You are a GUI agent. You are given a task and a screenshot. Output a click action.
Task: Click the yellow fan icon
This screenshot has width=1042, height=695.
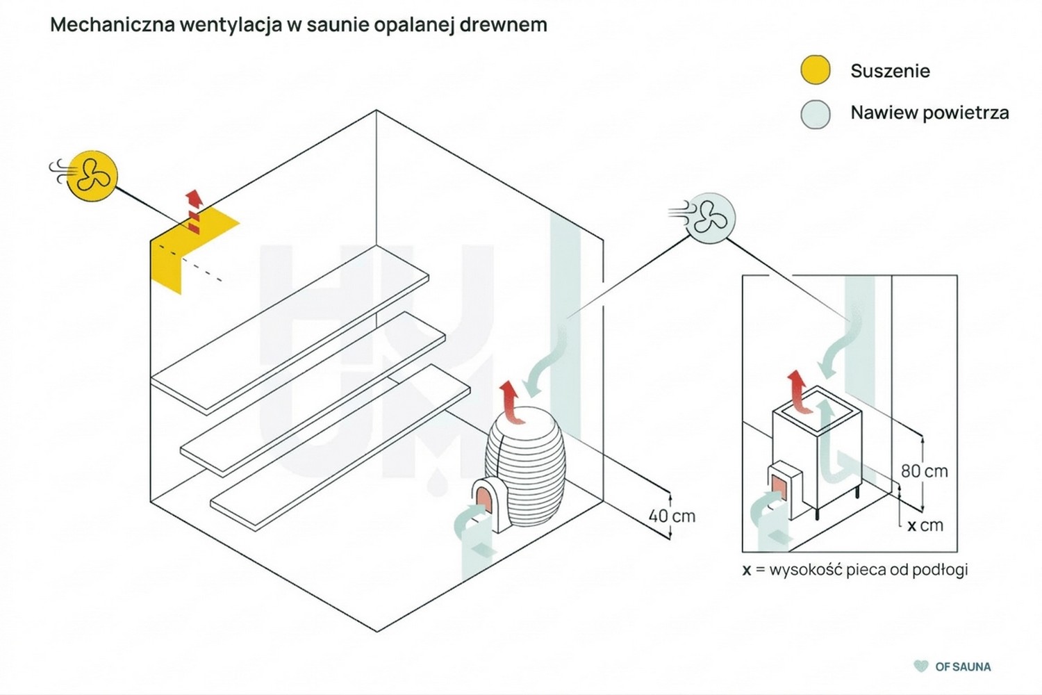(92, 176)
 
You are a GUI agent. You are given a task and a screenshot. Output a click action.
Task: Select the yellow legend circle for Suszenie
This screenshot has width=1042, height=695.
(815, 70)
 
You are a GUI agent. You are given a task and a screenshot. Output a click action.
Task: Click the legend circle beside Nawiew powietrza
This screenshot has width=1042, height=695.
(815, 114)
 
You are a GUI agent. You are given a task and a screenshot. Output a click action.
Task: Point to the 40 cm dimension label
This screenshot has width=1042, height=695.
(672, 516)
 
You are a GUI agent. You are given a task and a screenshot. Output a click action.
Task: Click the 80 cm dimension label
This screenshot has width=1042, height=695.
(925, 471)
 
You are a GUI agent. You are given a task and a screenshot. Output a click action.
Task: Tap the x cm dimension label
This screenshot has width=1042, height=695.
(925, 525)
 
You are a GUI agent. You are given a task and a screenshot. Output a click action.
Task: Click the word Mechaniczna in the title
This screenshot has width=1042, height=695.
(112, 24)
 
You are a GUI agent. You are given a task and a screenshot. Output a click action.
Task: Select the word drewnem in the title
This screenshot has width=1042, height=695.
(504, 24)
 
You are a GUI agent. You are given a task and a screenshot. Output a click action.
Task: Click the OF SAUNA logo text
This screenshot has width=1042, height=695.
(963, 667)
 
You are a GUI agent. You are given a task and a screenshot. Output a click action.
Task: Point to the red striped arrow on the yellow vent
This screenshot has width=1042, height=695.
(194, 212)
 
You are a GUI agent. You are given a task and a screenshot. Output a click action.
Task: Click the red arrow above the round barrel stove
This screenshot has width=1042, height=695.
(510, 402)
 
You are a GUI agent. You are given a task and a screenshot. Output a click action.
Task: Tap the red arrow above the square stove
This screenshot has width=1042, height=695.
(799, 392)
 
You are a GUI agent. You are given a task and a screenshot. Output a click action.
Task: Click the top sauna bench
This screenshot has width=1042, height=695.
(290, 329)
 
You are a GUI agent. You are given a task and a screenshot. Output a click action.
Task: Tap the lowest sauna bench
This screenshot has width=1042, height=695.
(340, 448)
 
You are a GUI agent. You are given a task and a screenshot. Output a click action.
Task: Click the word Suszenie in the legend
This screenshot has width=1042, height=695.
(891, 71)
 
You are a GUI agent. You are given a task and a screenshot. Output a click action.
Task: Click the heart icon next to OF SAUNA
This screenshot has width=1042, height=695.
(920, 666)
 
